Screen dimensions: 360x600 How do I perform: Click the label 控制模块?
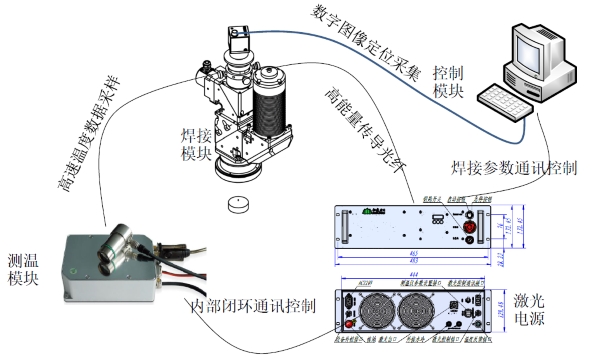pyautogui.click(x=447, y=83)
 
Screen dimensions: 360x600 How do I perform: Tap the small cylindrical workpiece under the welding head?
pyautogui.click(x=237, y=205)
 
